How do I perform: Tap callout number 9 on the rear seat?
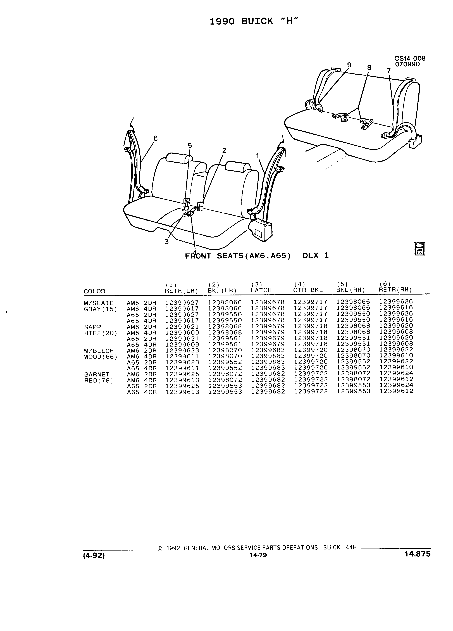tap(349, 65)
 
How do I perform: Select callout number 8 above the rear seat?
tap(369, 68)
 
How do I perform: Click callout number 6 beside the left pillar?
tap(155, 138)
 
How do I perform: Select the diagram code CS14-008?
tap(410, 58)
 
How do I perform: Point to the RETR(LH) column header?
tap(181, 290)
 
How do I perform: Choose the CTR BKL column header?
tap(308, 290)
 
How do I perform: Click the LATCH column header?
tap(261, 290)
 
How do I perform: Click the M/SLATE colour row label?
tap(98, 303)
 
